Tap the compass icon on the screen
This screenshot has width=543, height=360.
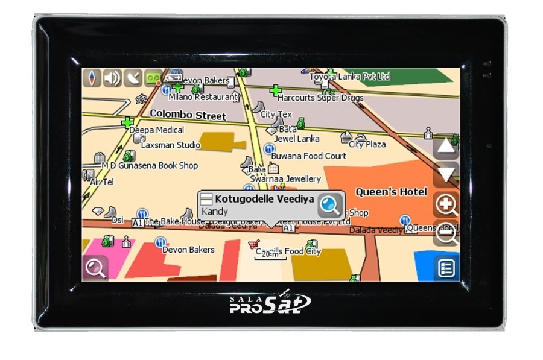click(92, 78)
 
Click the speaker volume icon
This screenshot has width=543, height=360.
click(112, 78)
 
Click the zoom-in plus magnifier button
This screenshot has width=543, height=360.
click(446, 205)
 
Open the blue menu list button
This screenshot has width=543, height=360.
click(446, 268)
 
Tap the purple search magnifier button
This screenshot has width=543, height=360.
click(95, 268)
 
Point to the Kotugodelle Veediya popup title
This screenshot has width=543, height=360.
click(264, 199)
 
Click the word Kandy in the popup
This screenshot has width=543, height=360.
click(215, 212)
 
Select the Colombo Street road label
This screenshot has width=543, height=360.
click(188, 115)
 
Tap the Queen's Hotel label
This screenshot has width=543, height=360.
click(391, 192)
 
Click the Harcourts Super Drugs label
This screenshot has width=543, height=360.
click(320, 98)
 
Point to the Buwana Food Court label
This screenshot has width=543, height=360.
click(308, 156)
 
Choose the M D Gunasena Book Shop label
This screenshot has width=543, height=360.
click(150, 165)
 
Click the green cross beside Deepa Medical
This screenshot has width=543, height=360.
click(127, 123)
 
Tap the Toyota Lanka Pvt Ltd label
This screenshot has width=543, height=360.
click(350, 77)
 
